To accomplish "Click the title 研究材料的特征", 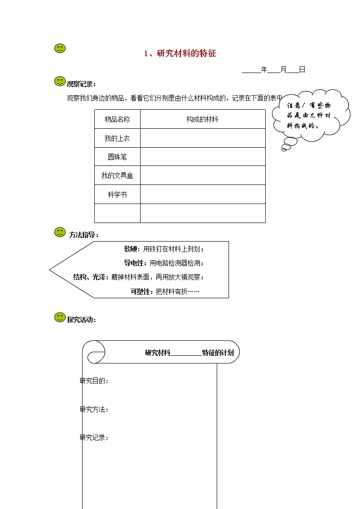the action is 180,53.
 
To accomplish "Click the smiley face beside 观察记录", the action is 60,82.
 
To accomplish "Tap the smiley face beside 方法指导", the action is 60,233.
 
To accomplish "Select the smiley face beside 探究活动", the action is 60,318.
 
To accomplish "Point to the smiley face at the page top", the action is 60,48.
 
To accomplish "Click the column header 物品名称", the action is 117,119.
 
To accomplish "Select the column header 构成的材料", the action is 202,119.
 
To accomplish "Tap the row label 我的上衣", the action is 117,138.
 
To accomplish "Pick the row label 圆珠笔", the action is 117,157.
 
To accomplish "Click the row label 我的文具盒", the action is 117,175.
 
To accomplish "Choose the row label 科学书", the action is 117,194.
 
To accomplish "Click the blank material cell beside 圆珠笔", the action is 202,157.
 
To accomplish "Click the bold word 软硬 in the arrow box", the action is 131,249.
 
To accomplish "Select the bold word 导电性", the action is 135,263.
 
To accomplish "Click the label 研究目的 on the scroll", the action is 94,381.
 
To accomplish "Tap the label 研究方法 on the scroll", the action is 94,409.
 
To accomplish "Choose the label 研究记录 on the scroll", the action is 94,437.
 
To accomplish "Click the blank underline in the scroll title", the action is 186,353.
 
